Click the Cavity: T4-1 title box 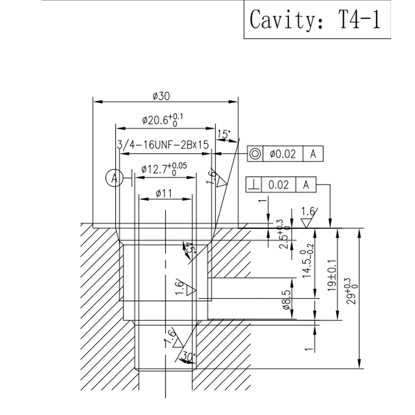click(x=315, y=20)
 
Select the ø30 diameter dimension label click(x=162, y=96)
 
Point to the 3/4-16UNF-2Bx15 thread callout click(x=163, y=145)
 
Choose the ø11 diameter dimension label click(x=164, y=194)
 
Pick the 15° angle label click(x=224, y=134)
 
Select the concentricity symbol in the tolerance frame click(x=254, y=154)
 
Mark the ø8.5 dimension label click(x=286, y=300)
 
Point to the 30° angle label click(x=188, y=357)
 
